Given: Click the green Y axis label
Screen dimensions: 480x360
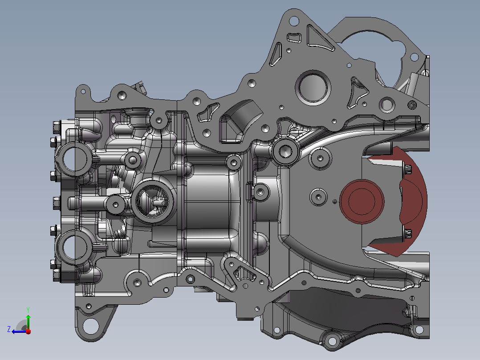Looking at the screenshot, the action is pos(28,310).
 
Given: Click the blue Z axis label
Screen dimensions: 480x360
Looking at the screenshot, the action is pos(9,329).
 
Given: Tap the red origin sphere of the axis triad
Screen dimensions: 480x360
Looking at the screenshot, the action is pos(28,331).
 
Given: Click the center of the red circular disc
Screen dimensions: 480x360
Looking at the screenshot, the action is pos(362,201).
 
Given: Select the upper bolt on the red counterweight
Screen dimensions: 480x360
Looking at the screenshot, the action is pos(407,169).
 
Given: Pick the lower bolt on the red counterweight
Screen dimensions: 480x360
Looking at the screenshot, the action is pos(407,234).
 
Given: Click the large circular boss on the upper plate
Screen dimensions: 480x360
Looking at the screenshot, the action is pos(313,87).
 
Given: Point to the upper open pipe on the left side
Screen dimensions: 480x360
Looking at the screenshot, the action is pos(74,159).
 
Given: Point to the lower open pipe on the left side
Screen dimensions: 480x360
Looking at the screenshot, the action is pos(74,247).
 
